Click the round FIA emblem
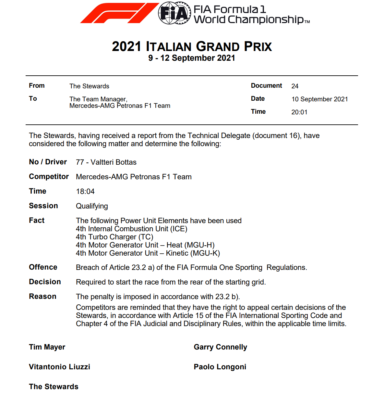(174, 13)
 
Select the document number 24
(295, 86)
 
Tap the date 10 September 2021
(319, 99)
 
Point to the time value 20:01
(299, 112)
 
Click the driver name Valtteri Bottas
(114, 162)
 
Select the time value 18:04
(85, 191)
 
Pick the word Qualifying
(92, 206)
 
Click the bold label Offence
(43, 267)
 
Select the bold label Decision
(45, 282)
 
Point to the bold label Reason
(42, 296)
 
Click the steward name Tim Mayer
(47, 347)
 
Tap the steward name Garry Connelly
(221, 347)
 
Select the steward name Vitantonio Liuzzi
(59, 367)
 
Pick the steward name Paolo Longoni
(220, 367)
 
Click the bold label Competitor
(49, 176)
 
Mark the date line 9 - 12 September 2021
(192, 58)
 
